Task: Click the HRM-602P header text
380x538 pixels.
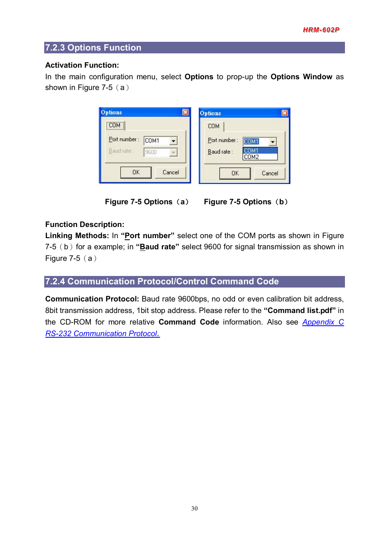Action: (x=321, y=30)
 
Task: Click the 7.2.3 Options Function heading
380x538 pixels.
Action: (x=93, y=48)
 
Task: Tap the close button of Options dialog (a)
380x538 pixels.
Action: (x=186, y=112)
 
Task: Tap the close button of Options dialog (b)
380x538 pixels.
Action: (x=285, y=113)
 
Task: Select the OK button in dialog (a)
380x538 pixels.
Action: (x=136, y=172)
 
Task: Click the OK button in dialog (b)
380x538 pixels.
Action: (x=235, y=173)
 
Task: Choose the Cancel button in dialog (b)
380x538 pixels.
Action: (x=270, y=173)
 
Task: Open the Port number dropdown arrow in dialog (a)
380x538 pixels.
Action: (x=173, y=141)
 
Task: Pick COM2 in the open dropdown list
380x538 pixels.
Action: (x=252, y=157)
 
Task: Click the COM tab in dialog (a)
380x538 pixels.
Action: (x=115, y=125)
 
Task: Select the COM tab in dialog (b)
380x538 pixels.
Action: (x=214, y=126)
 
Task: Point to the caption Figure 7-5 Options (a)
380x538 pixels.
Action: (x=146, y=202)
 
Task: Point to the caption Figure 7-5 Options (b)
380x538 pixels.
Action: (x=245, y=202)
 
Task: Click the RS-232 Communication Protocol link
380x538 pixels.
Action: (x=102, y=334)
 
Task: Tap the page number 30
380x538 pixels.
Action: (x=194, y=509)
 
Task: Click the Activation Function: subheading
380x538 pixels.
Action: (x=82, y=65)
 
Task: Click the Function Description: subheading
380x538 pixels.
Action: (x=85, y=225)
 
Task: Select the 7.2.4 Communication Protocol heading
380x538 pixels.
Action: (x=162, y=282)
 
